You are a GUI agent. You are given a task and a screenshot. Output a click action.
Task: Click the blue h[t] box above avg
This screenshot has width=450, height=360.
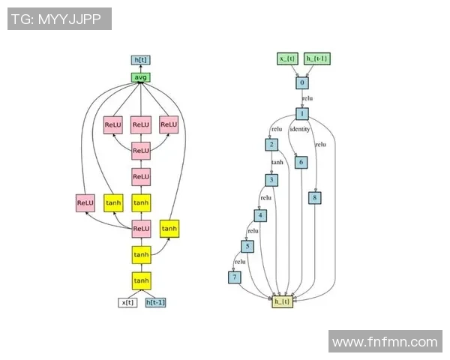pos(141,60)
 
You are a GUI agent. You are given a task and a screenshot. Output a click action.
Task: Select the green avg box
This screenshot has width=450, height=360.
pos(141,77)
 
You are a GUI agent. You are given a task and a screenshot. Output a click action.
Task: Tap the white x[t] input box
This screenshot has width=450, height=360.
pos(127,302)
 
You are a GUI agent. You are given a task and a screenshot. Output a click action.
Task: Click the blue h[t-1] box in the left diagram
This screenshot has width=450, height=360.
pos(155,302)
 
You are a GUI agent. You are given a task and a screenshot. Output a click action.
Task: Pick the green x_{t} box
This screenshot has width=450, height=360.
pos(289,58)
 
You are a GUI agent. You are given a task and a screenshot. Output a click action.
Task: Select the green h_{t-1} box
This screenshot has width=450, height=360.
pos(316,58)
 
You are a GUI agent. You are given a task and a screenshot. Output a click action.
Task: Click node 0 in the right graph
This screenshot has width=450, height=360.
pos(301,82)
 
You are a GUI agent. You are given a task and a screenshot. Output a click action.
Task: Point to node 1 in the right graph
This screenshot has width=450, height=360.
pos(301,114)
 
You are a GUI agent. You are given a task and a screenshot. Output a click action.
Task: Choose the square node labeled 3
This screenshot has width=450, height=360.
pos(271,180)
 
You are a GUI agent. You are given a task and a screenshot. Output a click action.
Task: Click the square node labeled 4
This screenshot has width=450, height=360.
pos(260,215)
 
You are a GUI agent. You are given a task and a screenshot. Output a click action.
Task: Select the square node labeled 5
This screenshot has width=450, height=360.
pos(247,246)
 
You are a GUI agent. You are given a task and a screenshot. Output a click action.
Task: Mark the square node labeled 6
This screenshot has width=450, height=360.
pos(301,162)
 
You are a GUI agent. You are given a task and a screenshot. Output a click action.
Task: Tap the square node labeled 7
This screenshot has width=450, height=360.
pos(235,277)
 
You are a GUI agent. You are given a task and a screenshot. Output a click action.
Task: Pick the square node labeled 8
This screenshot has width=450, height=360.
pos(315,198)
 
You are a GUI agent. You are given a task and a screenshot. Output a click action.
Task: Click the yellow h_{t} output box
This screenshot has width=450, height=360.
pos(283,301)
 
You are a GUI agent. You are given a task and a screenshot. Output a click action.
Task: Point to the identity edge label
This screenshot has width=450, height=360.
pos(300,130)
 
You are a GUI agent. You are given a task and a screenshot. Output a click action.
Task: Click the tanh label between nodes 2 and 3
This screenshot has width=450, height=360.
pos(277,162)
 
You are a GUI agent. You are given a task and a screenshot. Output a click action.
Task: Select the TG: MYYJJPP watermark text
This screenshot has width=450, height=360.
pos(59,19)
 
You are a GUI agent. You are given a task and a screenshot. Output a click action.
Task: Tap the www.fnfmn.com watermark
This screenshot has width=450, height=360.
pos(385,342)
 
